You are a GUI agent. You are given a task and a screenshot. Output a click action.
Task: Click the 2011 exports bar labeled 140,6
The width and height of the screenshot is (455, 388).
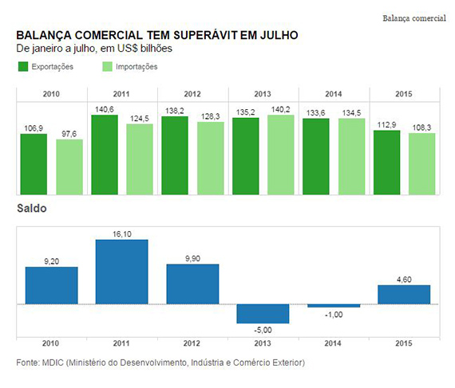pyautogui.click(x=105, y=155)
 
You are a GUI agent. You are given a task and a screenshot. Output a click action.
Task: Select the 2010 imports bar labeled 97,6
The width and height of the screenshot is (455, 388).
pyautogui.click(x=69, y=167)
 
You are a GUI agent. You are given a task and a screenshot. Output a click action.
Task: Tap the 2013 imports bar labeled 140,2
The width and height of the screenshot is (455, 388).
pyautogui.click(x=281, y=155)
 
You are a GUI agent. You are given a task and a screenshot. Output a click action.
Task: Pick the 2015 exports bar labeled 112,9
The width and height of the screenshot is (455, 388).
pyautogui.click(x=386, y=163)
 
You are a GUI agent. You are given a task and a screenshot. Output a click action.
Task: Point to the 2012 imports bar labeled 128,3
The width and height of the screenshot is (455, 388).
pyautogui.click(x=211, y=159)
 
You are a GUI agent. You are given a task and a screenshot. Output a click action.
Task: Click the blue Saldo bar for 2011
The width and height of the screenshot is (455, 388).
pyautogui.click(x=122, y=272)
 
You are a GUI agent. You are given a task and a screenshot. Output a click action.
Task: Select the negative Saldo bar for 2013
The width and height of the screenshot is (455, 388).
pyautogui.click(x=263, y=314)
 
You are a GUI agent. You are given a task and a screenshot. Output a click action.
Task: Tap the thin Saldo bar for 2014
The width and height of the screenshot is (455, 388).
pyautogui.click(x=334, y=306)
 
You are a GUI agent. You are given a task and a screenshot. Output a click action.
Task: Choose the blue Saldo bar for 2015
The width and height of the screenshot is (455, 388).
pyautogui.click(x=404, y=295)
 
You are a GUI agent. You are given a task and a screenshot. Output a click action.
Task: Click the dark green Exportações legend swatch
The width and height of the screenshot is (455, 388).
pyautogui.click(x=23, y=67)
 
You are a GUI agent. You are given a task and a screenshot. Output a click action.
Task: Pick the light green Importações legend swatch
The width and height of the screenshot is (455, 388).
pyautogui.click(x=108, y=67)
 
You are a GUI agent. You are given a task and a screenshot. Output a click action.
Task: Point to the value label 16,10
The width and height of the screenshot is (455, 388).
pyautogui.click(x=122, y=234)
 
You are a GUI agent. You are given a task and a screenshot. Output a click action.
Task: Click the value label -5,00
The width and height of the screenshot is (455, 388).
pyautogui.click(x=263, y=330)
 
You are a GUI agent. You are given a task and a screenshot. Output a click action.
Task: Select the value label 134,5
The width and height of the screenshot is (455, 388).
pyautogui.click(x=351, y=113)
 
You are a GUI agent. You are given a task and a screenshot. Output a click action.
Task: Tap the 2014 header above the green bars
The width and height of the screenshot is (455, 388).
pyautogui.click(x=334, y=94)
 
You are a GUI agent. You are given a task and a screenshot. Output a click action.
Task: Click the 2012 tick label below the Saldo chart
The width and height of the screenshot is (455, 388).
pyautogui.click(x=192, y=343)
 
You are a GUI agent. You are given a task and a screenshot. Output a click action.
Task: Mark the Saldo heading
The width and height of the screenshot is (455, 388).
pyautogui.click(x=32, y=209)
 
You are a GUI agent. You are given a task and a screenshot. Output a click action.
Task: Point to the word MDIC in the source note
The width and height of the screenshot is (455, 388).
pyautogui.click(x=53, y=363)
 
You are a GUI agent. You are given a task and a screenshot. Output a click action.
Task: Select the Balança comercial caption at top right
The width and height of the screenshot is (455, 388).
pyautogui.click(x=414, y=18)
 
